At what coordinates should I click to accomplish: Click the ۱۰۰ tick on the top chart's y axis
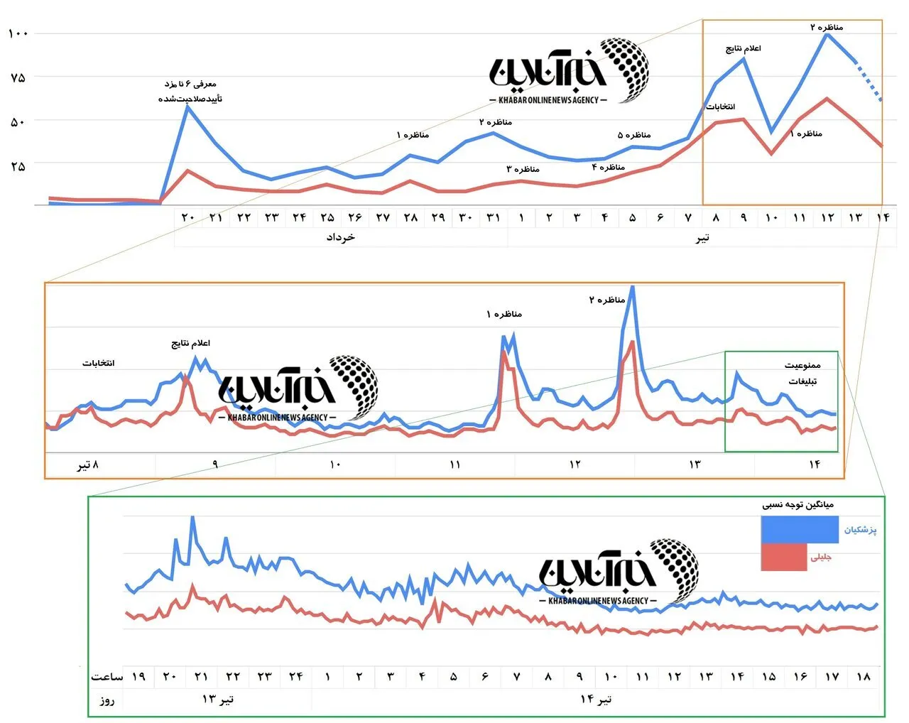pos(18,33)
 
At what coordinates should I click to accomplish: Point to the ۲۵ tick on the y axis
pos(18,166)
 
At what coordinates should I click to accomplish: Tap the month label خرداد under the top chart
pos(340,237)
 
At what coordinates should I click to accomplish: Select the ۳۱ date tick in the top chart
pos(493,217)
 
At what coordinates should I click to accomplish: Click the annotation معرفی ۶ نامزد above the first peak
pos(190,84)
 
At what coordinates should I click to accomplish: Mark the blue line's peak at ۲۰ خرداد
pos(187,107)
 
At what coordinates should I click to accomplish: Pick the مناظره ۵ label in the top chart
pos(633,135)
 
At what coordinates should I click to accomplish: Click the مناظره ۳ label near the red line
pos(523,169)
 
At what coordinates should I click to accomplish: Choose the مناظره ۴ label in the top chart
pos(609,167)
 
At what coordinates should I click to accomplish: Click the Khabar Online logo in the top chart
pos(569,71)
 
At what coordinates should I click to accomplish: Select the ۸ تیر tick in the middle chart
pos(88,464)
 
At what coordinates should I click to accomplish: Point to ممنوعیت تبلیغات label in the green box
pos(802,373)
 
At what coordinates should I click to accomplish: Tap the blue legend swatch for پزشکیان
pos(800,530)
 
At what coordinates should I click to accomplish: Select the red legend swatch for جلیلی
pos(784,557)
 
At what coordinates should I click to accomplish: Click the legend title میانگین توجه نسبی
pos(798,504)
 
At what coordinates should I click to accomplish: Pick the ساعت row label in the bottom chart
pos(107,677)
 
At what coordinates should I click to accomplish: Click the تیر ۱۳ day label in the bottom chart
pos(217,700)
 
